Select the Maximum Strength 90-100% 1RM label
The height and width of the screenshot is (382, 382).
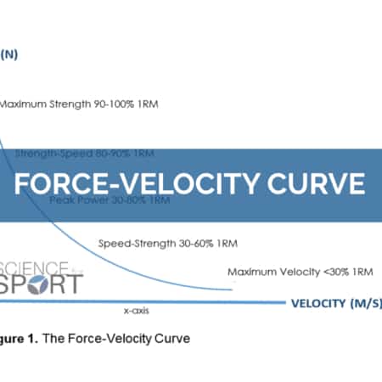coord(78,104)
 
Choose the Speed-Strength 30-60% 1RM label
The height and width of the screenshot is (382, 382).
coord(167,242)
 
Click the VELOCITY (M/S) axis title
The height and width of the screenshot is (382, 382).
coord(334,302)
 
